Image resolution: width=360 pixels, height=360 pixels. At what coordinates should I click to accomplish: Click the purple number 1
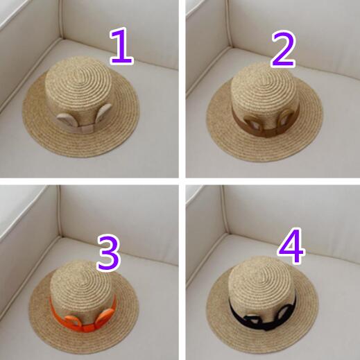(x=122, y=46)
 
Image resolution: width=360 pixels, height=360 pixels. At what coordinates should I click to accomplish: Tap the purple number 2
(x=284, y=49)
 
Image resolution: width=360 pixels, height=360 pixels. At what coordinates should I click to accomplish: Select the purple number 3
(x=109, y=252)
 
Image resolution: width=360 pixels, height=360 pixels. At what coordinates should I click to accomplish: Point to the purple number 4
(x=291, y=246)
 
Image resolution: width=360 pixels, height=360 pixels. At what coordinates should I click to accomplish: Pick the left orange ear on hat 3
(x=72, y=321)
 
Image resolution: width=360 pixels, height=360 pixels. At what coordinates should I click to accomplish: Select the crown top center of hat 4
(x=262, y=276)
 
